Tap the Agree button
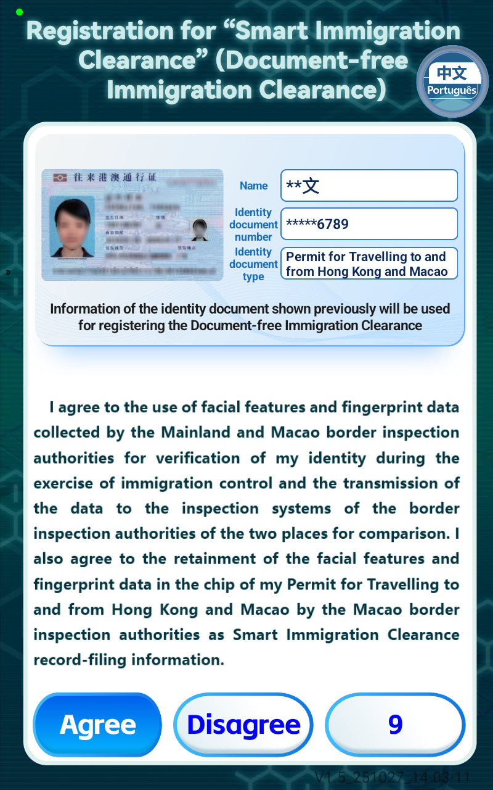[97, 725]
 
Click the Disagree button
[243, 725]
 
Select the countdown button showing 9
[395, 724]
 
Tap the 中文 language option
[452, 73]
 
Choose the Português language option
[452, 91]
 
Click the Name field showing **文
[369, 186]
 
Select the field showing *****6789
[369, 224]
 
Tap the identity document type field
[369, 264]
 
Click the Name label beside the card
[253, 186]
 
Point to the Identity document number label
[253, 225]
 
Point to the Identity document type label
[253, 264]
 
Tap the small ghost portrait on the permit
[199, 230]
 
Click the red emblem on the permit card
[60, 178]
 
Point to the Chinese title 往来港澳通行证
[116, 178]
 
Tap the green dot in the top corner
[20, 12]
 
